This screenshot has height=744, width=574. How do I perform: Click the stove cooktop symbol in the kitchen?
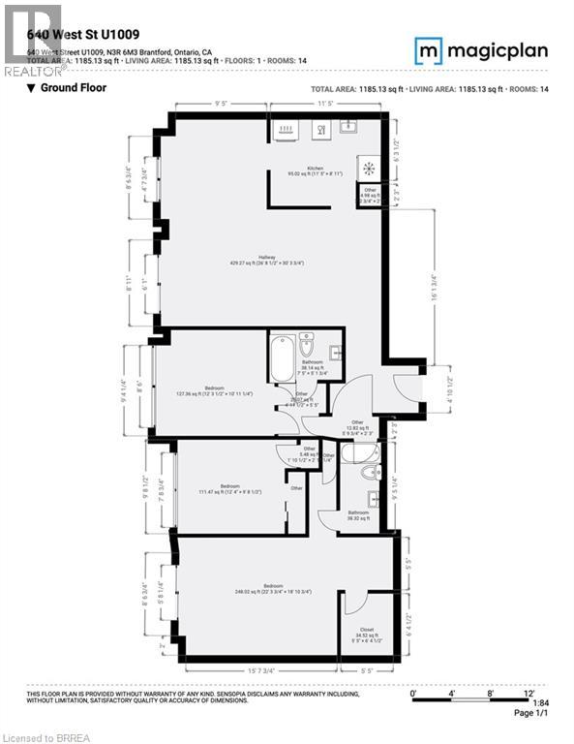[x=368, y=167]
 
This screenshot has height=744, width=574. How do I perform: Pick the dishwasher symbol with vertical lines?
[x=287, y=127]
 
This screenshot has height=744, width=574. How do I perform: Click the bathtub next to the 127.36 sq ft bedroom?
[x=283, y=356]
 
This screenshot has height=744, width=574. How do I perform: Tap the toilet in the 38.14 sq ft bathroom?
[x=307, y=344]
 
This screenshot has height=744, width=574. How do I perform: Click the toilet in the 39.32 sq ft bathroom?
[x=365, y=473]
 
